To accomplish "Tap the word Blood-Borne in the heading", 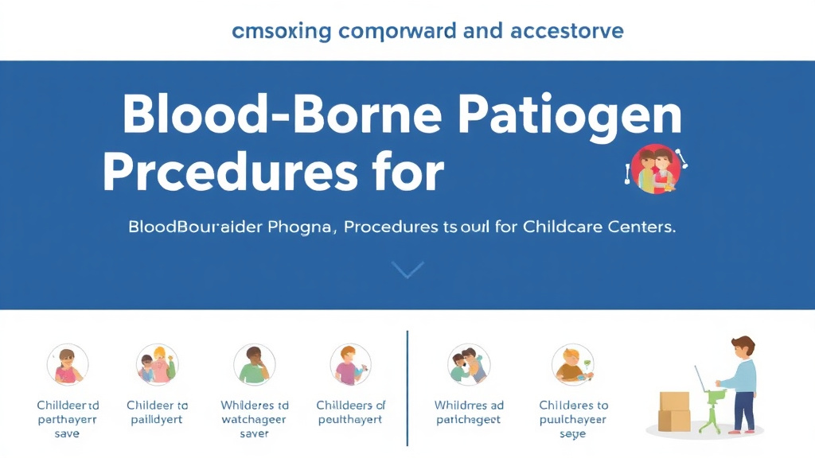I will (279, 116).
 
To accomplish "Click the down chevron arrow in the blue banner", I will (407, 270).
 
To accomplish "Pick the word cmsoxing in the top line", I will (279, 31).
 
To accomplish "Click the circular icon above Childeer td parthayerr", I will (68, 365).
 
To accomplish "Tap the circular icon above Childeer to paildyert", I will (157, 365).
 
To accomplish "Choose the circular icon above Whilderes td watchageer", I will (254, 365).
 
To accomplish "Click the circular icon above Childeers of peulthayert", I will (351, 365).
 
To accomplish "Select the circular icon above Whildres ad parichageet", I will (469, 365).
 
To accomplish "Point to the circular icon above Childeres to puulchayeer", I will (573, 365).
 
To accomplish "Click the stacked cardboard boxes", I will (674, 411).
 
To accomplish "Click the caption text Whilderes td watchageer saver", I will (254, 419).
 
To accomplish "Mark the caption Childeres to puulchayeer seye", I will (573, 419).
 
